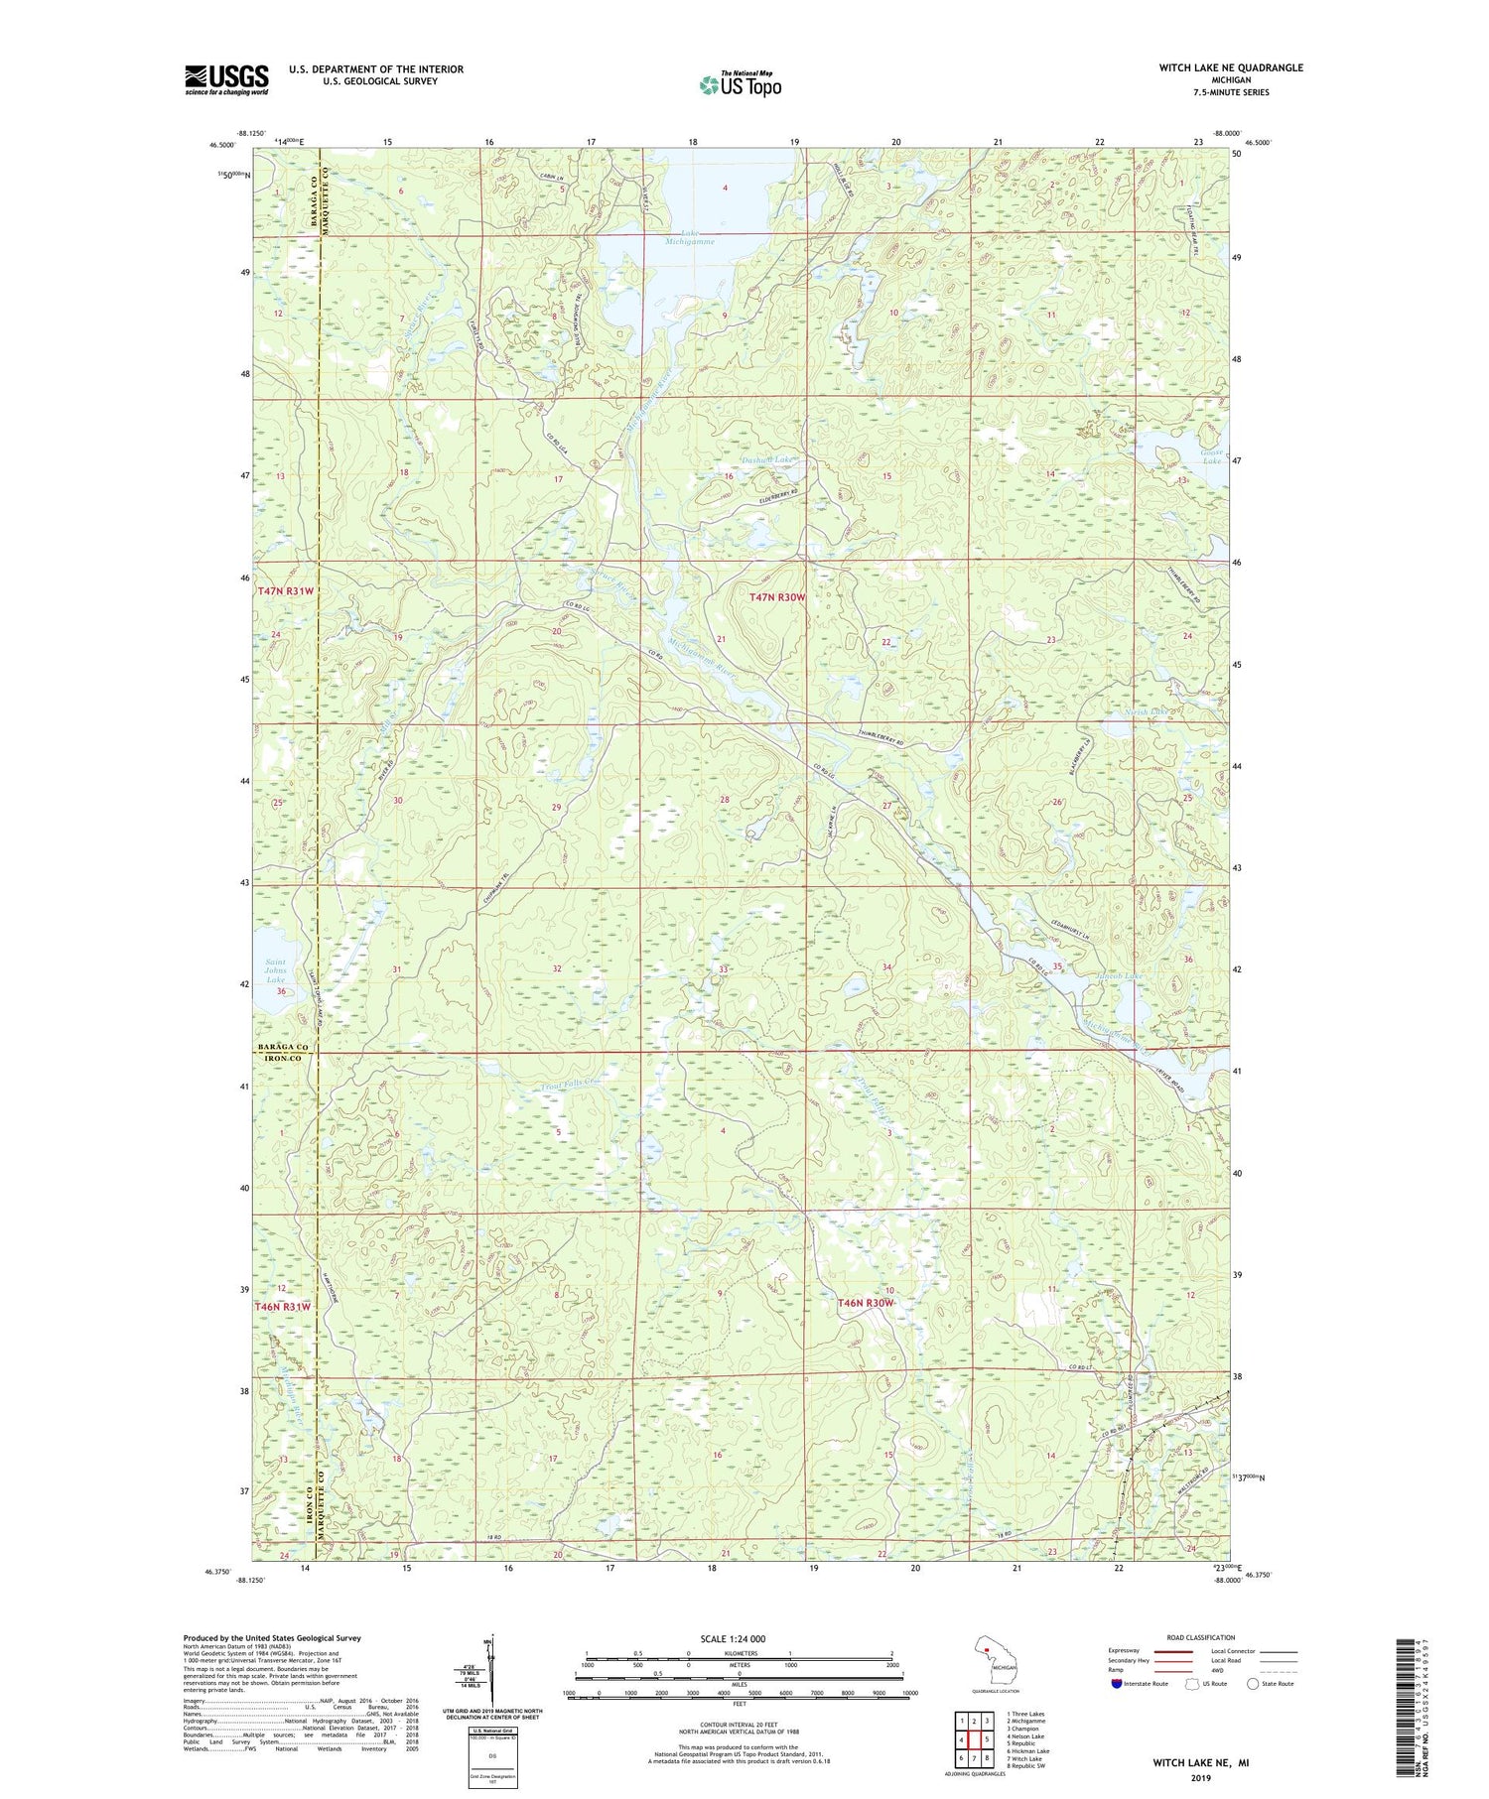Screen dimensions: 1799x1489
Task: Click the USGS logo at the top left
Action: [x=226, y=79]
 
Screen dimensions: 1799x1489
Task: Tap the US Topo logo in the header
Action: [x=740, y=84]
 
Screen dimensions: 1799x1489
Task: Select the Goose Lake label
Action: [x=1211, y=455]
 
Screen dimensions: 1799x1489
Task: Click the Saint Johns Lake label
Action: [x=274, y=970]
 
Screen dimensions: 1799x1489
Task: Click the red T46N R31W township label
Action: [x=283, y=1307]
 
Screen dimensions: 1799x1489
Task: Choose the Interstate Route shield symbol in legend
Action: [x=1117, y=1684]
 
